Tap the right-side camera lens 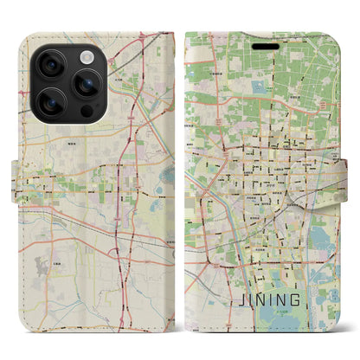coord(87,85)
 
